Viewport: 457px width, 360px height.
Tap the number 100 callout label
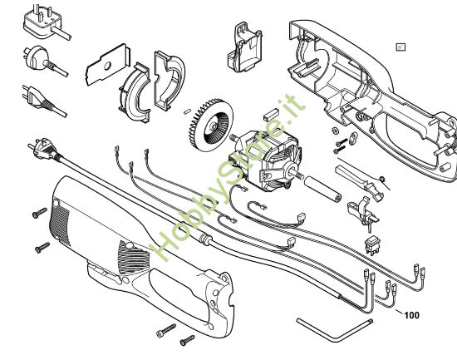[410, 315]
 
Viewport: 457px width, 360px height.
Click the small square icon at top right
[400, 47]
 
